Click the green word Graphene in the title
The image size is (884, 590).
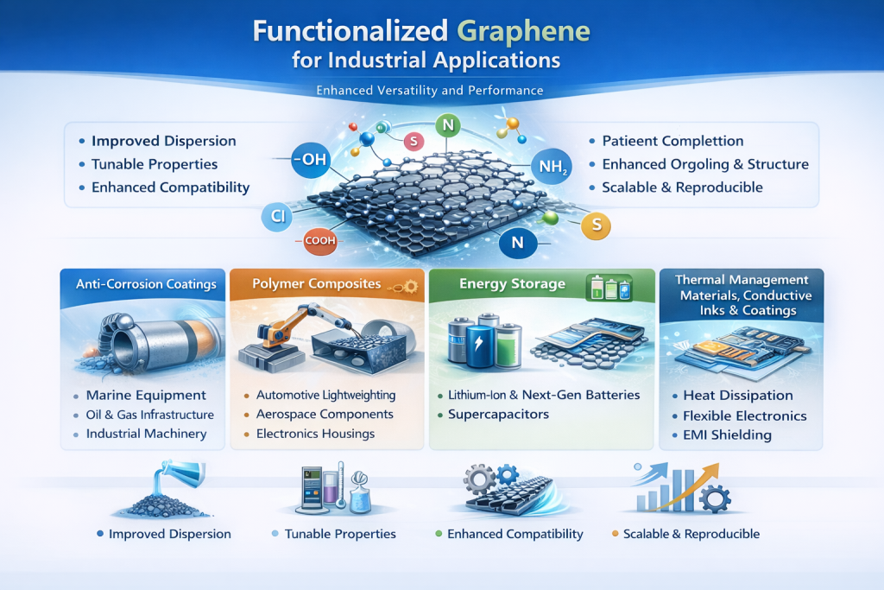(x=522, y=32)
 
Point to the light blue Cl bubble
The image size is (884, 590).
(x=278, y=217)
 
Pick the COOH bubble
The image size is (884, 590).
(x=319, y=241)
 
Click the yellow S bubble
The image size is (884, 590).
(x=596, y=225)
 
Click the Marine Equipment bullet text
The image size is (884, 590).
(x=146, y=395)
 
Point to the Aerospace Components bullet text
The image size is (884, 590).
(x=325, y=414)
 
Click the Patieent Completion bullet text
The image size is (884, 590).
(x=672, y=141)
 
